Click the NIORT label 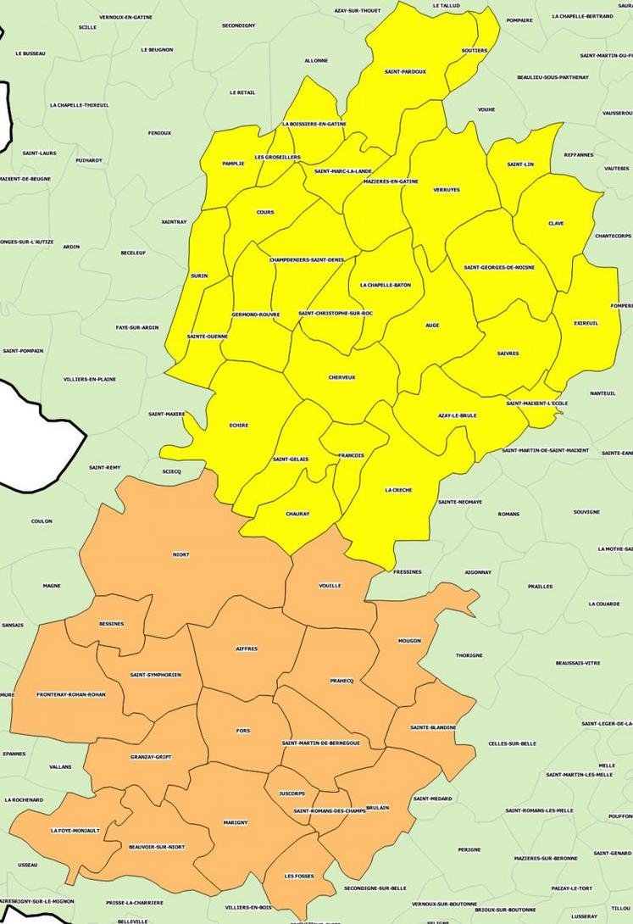[180, 554]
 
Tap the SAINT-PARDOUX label [405, 71]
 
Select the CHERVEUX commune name [341, 377]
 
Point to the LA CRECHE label [397, 490]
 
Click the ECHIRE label [239, 426]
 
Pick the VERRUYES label [446, 190]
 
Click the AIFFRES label [246, 648]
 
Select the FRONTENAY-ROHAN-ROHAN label [71, 694]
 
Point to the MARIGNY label [236, 822]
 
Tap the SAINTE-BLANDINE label [433, 727]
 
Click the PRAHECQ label [341, 681]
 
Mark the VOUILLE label [330, 586]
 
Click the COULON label [42, 521]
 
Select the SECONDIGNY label [239, 25]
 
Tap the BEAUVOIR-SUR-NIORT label [157, 846]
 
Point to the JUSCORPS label [291, 793]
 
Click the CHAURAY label [297, 514]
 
